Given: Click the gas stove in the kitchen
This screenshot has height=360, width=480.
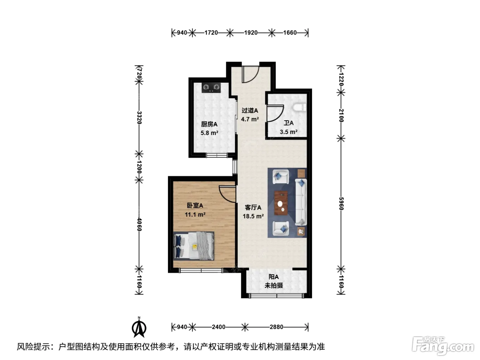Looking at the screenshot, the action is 211,87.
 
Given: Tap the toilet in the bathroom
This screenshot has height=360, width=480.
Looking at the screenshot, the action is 300,108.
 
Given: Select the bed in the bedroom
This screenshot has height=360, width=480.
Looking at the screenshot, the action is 194,246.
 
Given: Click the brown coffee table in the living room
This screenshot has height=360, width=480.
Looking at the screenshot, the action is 281,203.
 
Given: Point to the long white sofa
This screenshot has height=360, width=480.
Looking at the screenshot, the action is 301,202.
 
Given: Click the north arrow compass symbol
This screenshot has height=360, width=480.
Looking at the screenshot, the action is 139,327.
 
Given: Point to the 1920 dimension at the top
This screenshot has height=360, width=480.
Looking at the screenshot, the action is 251,33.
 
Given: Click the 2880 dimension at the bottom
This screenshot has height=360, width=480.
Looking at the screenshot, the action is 276,327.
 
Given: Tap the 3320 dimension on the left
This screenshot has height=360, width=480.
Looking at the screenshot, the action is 139,118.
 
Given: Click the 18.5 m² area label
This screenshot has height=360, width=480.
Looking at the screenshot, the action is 253,216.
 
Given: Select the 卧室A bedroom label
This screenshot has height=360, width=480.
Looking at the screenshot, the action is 195,205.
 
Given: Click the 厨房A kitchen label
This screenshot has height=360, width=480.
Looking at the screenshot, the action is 209,124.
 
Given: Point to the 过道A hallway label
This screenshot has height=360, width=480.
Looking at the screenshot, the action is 250,110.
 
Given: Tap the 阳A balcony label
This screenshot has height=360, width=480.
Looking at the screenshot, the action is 274,277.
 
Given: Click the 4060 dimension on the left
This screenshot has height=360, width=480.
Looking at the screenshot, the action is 139,224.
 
